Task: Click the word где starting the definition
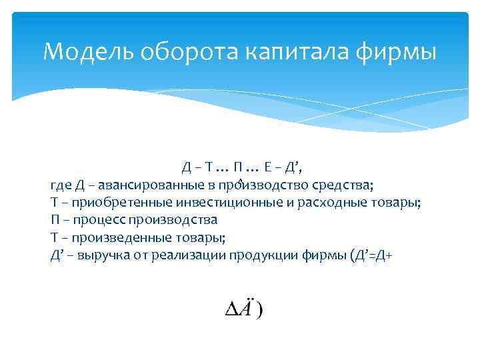pyautogui.click(x=59, y=185)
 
